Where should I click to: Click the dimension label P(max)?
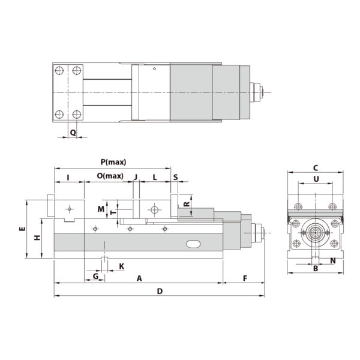(113, 162)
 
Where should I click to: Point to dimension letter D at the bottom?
(160, 291)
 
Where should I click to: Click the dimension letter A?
(139, 278)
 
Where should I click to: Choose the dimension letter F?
(245, 278)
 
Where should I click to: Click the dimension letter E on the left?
(21, 229)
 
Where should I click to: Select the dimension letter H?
(37, 238)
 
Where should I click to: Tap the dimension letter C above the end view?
(316, 167)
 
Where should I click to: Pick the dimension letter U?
(316, 179)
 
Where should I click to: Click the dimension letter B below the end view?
(316, 269)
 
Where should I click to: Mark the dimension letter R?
(187, 204)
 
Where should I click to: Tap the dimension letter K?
(121, 265)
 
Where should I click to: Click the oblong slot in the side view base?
(194, 244)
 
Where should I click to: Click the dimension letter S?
(175, 176)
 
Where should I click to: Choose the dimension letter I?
(69, 176)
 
